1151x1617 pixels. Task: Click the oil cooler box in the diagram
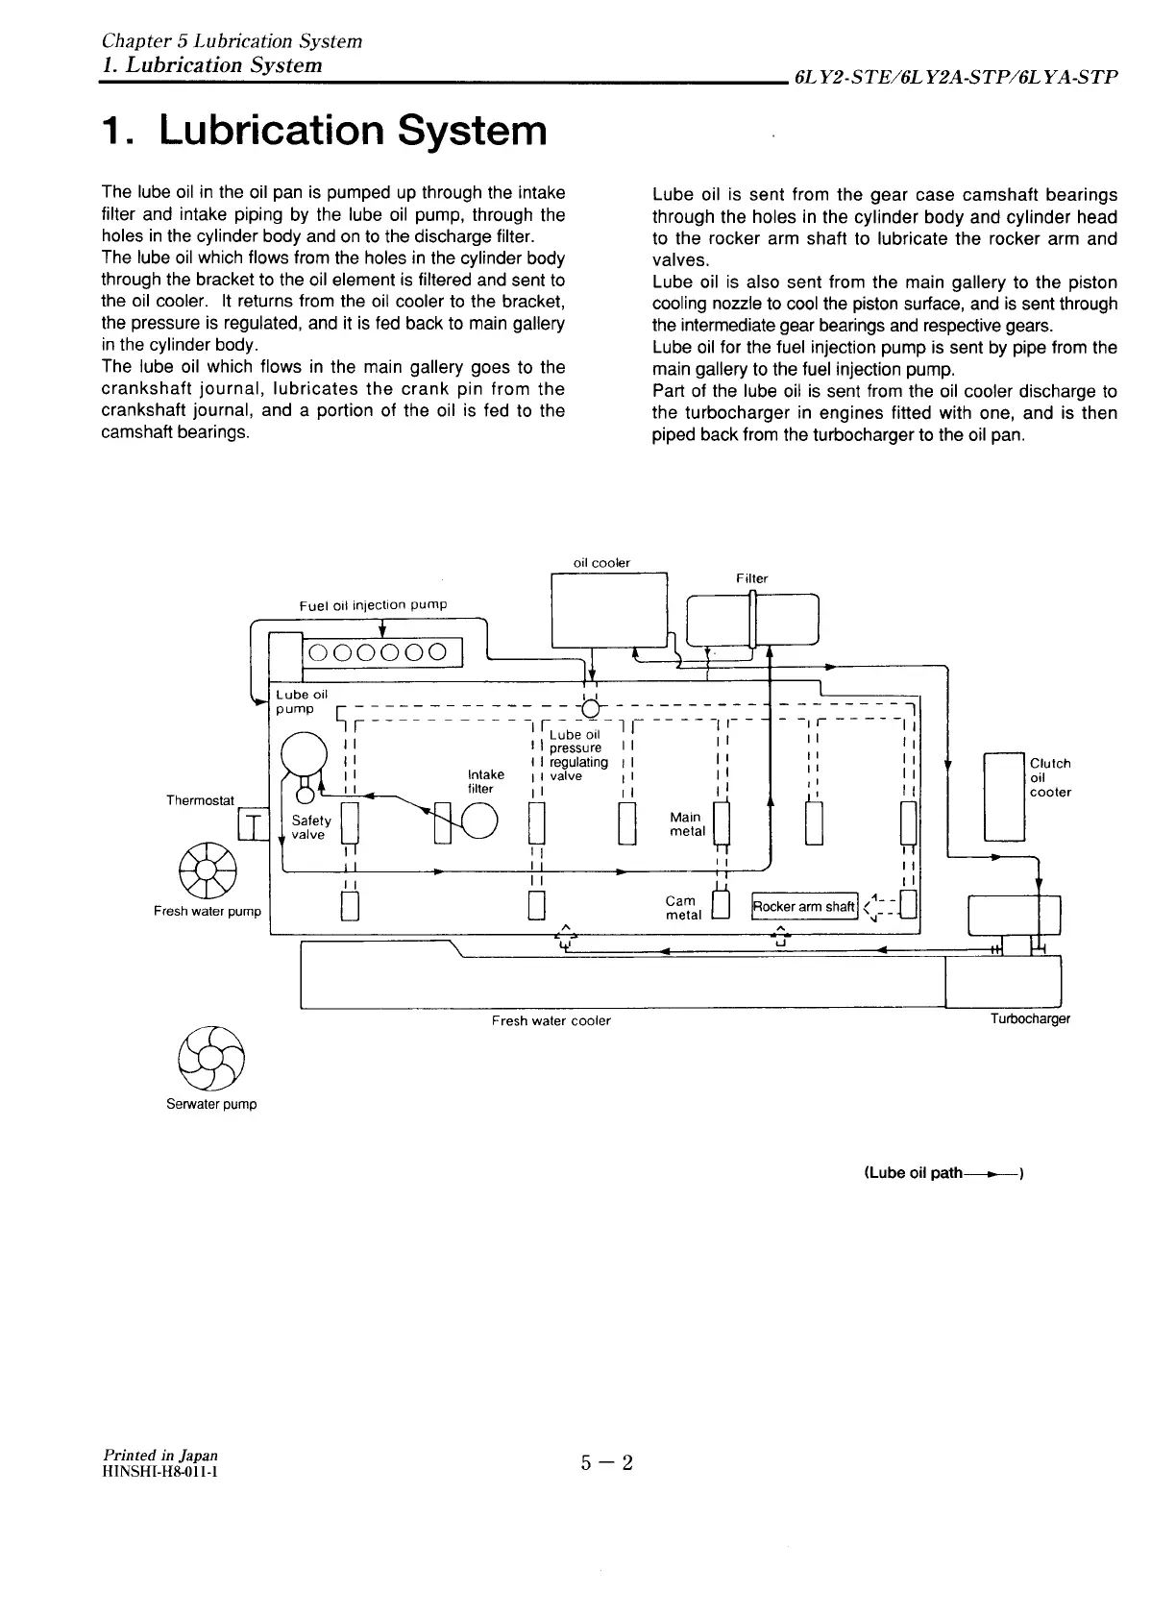click(609, 609)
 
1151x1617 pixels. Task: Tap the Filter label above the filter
click(752, 578)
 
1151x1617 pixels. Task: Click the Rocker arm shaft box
click(804, 906)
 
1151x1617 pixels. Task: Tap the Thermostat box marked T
click(253, 823)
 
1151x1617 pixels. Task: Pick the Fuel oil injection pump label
click(373, 604)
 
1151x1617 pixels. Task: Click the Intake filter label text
click(485, 781)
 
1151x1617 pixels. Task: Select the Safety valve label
click(311, 827)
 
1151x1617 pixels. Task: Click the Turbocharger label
click(1030, 1018)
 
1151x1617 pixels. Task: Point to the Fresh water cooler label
click(551, 1020)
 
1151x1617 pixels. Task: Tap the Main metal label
click(687, 823)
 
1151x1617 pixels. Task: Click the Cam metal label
click(683, 908)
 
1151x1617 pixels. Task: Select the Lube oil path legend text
click(945, 1173)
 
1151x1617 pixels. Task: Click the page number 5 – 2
click(607, 1463)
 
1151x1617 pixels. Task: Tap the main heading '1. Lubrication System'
click(324, 131)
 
